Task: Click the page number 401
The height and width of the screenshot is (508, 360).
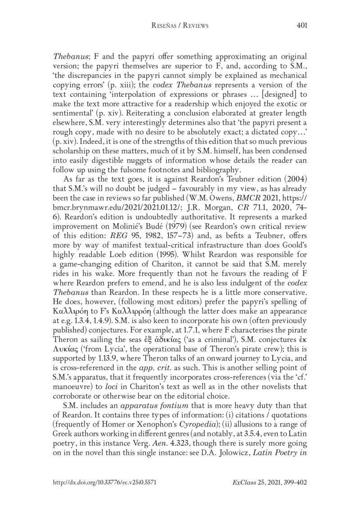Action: pyautogui.click(x=301, y=26)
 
